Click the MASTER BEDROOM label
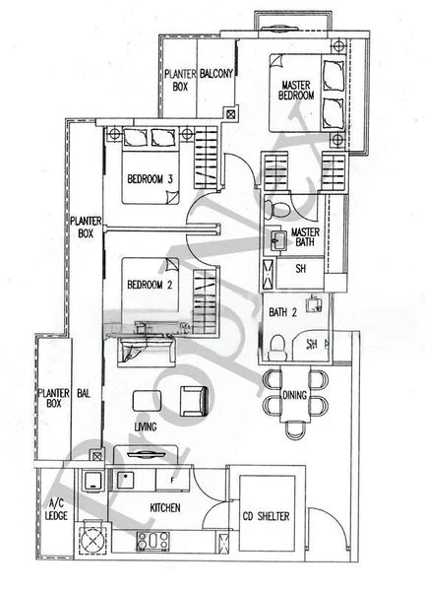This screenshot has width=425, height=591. click(x=297, y=91)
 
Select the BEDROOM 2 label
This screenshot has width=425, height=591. click(x=150, y=285)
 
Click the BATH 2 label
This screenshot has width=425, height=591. click(x=284, y=312)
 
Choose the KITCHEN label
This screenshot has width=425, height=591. click(x=162, y=508)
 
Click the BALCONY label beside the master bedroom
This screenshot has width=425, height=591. click(x=216, y=74)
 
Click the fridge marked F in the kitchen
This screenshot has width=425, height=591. click(x=172, y=480)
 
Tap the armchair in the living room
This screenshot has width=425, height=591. click(x=193, y=399)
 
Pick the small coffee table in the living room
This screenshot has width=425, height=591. click(x=148, y=399)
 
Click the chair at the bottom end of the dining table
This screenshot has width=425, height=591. click(x=294, y=430)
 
